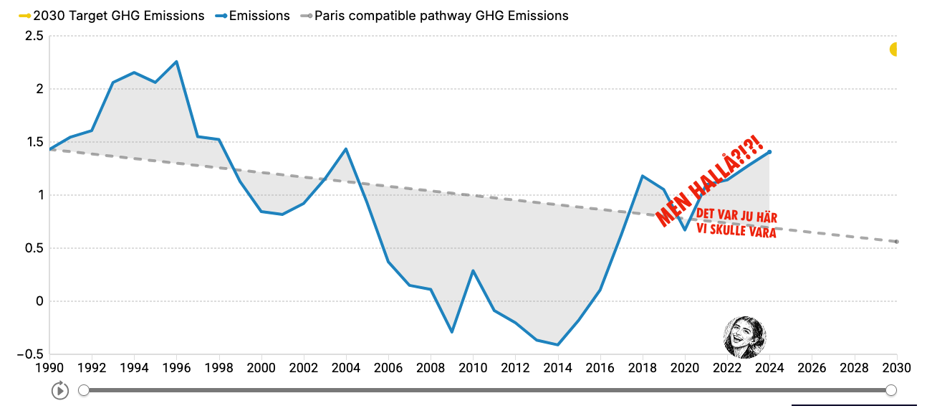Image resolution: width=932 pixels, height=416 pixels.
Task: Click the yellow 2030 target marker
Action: pyautogui.click(x=894, y=49)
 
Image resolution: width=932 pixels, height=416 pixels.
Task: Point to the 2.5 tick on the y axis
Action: pyautogui.click(x=34, y=36)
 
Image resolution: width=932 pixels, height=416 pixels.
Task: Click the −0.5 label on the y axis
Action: pyautogui.click(x=31, y=354)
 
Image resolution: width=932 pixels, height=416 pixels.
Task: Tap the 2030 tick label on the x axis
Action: pyautogui.click(x=895, y=368)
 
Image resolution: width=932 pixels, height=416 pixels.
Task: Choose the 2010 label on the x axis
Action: pyautogui.click(x=473, y=368)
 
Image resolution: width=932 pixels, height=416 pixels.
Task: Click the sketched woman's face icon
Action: pyautogui.click(x=745, y=336)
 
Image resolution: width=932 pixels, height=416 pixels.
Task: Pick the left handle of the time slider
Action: pyautogui.click(x=84, y=390)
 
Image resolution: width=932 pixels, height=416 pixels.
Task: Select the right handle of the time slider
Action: pyautogui.click(x=891, y=390)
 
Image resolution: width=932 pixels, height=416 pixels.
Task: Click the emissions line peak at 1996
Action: pyautogui.click(x=176, y=62)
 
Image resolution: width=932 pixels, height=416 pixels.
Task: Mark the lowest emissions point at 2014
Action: pyautogui.click(x=557, y=345)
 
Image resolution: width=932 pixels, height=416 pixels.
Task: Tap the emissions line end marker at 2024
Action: pyautogui.click(x=769, y=152)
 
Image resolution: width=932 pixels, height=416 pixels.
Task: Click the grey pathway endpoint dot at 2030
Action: pyautogui.click(x=896, y=242)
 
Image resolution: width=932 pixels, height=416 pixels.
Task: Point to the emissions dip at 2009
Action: pyautogui.click(x=452, y=332)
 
